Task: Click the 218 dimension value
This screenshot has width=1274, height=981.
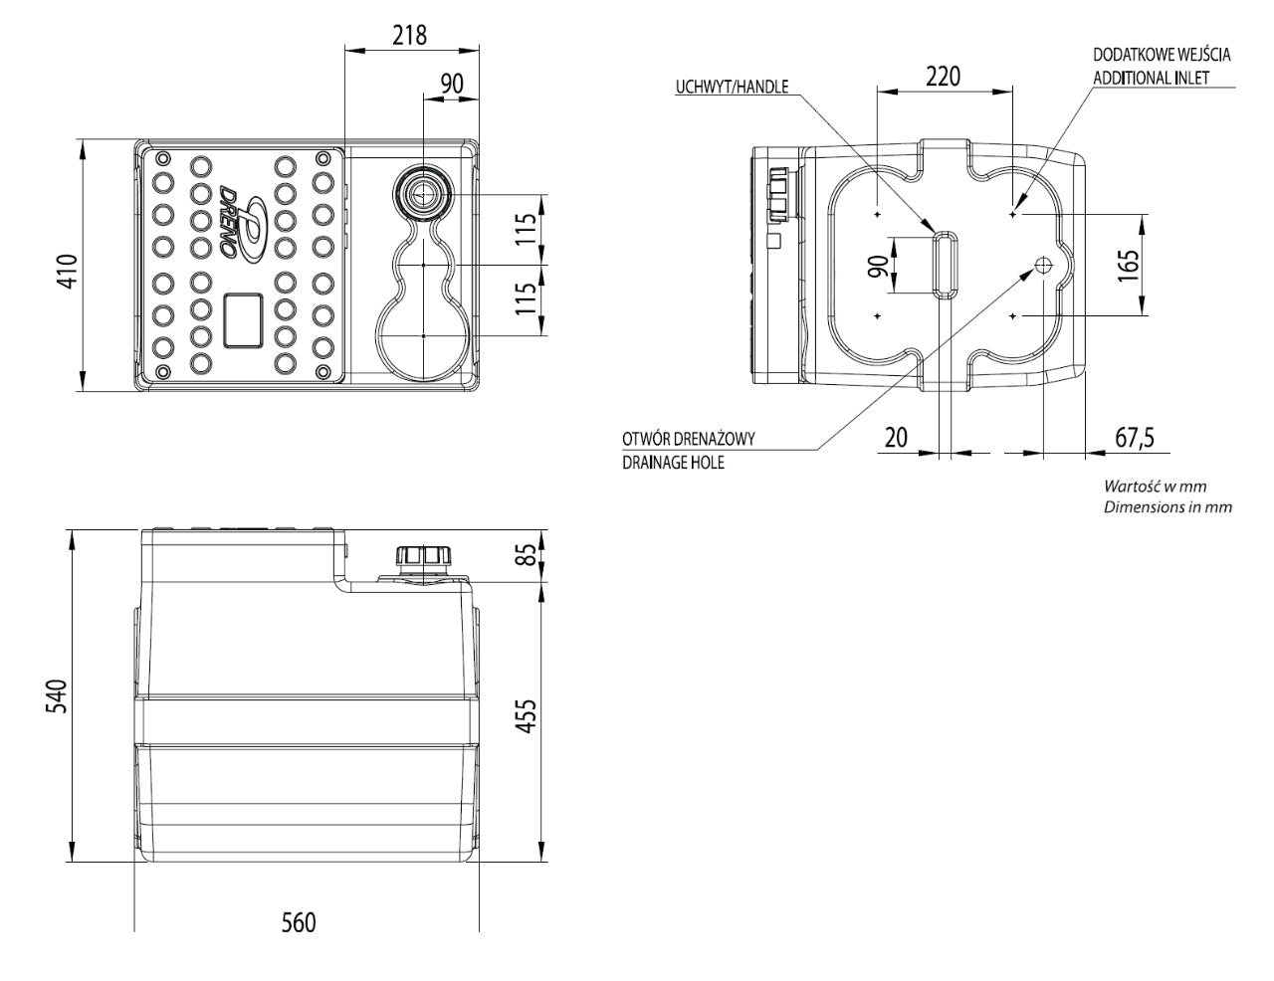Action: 409,35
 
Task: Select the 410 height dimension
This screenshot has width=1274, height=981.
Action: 67,268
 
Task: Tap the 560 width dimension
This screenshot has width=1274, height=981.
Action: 298,922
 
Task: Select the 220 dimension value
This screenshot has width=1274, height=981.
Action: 943,76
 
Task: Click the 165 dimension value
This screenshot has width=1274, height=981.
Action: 1127,266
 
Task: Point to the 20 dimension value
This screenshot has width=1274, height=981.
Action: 896,437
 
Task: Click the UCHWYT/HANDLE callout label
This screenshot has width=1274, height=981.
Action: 732,87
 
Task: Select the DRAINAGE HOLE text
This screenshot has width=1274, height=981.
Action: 673,463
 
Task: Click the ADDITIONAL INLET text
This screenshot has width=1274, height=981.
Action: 1152,78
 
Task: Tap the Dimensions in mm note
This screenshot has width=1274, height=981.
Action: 1168,506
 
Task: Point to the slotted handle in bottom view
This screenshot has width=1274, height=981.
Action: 944,264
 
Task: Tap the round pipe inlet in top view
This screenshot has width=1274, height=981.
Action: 423,192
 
